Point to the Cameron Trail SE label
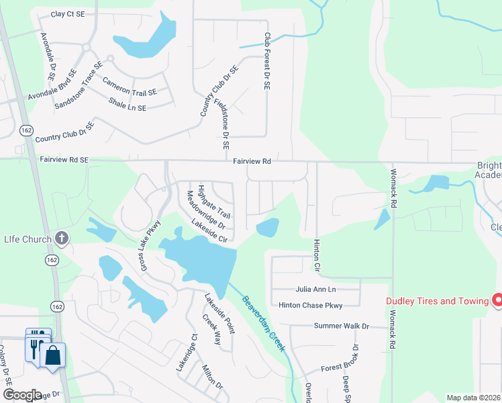pos(130,86)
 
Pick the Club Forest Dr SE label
pos(266,62)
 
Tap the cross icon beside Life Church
pos(61,238)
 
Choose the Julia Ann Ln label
pos(315,289)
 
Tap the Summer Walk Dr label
pos(342,326)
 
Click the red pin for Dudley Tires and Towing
pos(497,300)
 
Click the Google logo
pos(22,395)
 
